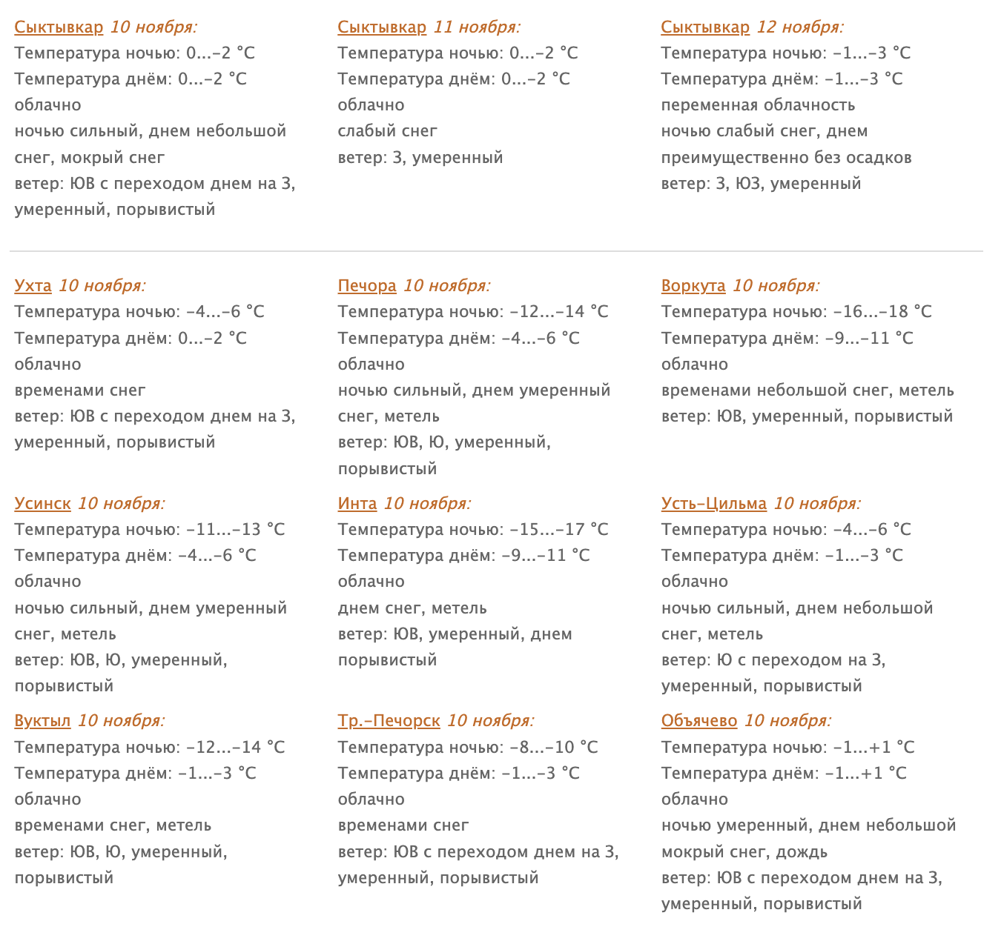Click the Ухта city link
(x=33, y=286)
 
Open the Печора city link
(x=367, y=286)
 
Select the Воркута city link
(x=693, y=286)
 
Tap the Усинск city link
(x=42, y=504)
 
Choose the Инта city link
(x=357, y=504)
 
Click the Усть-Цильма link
(x=713, y=504)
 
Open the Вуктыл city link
(x=42, y=721)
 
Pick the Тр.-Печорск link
(x=389, y=721)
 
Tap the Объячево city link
(x=699, y=721)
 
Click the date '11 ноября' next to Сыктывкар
(x=477, y=27)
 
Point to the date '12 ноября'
(x=800, y=27)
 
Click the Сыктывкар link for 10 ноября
(x=59, y=27)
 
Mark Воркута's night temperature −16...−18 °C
(x=882, y=312)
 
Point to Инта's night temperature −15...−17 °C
(x=559, y=530)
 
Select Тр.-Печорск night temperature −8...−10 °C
(x=554, y=748)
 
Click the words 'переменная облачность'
(x=758, y=105)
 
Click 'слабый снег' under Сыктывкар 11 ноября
(x=387, y=131)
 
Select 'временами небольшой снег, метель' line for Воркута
(x=808, y=390)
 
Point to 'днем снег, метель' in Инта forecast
(x=412, y=608)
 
